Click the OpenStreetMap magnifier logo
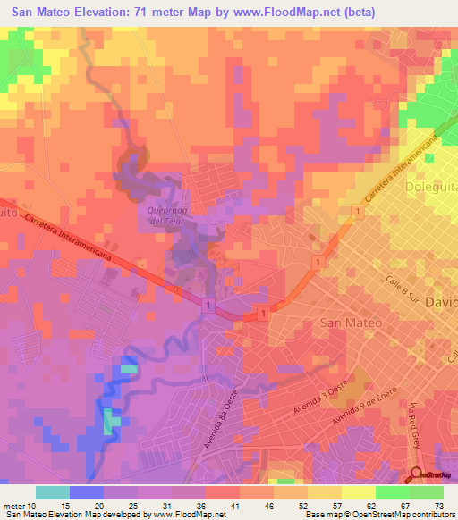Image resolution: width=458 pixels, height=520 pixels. click(x=419, y=475)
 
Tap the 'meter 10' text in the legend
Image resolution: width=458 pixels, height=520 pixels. click(x=21, y=506)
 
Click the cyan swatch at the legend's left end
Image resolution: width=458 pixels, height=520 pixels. click(x=53, y=492)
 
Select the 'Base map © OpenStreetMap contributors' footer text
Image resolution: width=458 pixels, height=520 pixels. click(x=378, y=516)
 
